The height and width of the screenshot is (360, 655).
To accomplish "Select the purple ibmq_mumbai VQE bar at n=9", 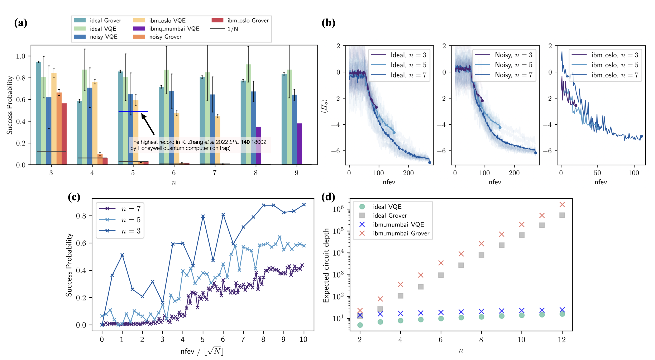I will [x=299, y=144].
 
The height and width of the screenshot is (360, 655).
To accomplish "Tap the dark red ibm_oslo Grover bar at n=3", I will [x=64, y=134].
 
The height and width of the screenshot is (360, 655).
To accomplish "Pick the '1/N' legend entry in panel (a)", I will [x=224, y=29].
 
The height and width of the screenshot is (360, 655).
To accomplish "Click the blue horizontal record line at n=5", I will [x=133, y=112].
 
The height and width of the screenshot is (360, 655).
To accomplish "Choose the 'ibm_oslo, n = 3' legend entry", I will [x=605, y=55].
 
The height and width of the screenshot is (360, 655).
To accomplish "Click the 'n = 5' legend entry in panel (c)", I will [x=120, y=220].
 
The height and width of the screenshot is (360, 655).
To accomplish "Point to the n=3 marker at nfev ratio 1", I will [x=122, y=255].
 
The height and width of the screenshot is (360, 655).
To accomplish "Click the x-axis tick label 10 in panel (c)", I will [x=303, y=339].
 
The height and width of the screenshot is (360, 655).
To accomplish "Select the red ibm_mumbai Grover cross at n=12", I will [x=562, y=205].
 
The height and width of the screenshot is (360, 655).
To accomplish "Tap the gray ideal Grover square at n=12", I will [x=562, y=215].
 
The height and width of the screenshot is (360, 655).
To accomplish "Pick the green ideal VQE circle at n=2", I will [x=360, y=325].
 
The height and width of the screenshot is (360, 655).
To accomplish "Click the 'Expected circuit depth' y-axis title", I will [x=326, y=265].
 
